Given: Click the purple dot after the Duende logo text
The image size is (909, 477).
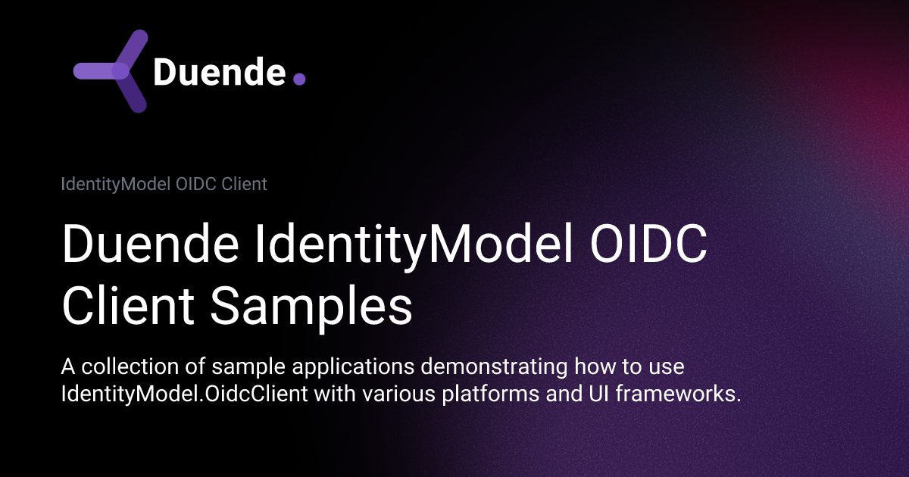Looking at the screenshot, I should pyautogui.click(x=299, y=79).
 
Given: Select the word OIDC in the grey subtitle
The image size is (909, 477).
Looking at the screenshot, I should pyautogui.click(x=199, y=184).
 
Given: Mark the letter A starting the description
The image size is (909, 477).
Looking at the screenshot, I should pyautogui.click(x=67, y=368).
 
